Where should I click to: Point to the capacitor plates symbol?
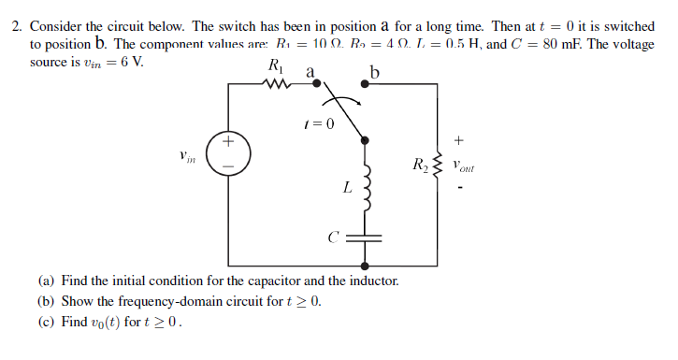pyautogui.click(x=367, y=238)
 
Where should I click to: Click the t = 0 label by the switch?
pyautogui.click(x=319, y=122)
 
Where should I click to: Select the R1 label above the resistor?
pyautogui.click(x=275, y=65)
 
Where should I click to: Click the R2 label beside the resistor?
pyautogui.click(x=419, y=168)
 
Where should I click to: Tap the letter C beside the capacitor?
pyautogui.click(x=332, y=238)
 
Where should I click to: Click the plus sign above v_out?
pyautogui.click(x=458, y=140)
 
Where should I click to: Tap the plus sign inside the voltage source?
pyautogui.click(x=228, y=144)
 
